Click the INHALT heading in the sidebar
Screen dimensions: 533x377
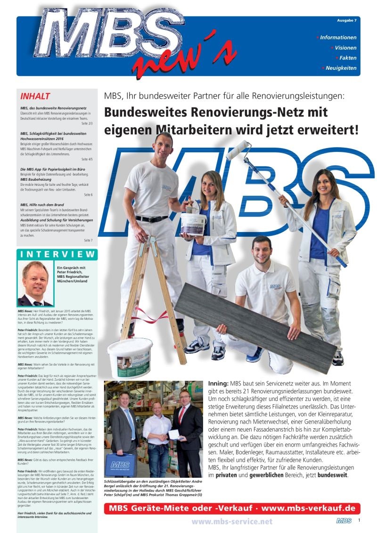(36, 97)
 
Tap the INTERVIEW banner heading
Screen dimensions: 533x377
(57, 254)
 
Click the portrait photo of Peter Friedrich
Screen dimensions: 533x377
(34, 283)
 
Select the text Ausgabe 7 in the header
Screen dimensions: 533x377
(346, 21)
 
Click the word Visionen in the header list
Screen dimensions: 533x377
(345, 48)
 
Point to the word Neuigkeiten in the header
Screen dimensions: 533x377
(341, 68)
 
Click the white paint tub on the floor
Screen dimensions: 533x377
(130, 357)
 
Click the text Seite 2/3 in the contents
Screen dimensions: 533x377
(87, 123)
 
